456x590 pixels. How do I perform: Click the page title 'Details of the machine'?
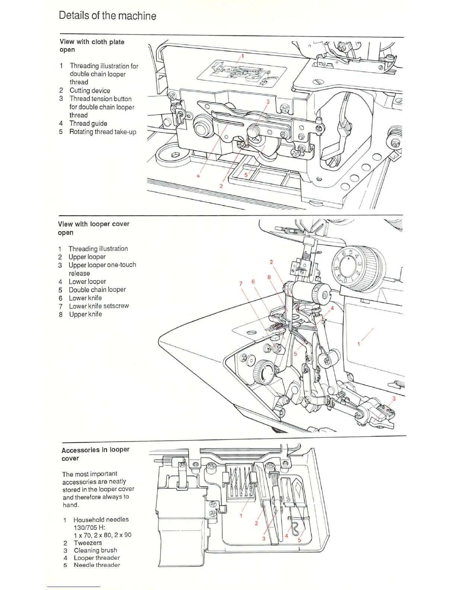(107, 16)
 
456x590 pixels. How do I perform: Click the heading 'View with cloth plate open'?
(92, 45)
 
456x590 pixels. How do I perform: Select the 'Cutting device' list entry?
(90, 91)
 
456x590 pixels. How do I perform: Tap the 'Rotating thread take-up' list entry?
(102, 132)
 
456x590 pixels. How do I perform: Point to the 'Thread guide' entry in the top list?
(88, 123)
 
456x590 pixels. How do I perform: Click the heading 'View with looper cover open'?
(94, 228)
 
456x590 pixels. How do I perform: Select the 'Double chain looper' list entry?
(97, 289)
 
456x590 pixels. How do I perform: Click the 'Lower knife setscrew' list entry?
(99, 306)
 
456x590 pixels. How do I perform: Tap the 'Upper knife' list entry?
(85, 314)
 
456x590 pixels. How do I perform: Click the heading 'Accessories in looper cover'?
(95, 454)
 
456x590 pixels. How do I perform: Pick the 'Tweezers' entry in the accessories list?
(88, 543)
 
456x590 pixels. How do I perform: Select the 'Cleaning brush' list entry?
(95, 550)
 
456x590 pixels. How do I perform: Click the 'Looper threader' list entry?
(97, 558)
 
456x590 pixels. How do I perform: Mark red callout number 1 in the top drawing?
(243, 56)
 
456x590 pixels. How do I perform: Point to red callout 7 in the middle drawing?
(241, 283)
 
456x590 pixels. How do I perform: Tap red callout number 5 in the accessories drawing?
(299, 540)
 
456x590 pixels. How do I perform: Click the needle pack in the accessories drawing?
(240, 483)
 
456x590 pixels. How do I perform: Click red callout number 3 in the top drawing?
(268, 101)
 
